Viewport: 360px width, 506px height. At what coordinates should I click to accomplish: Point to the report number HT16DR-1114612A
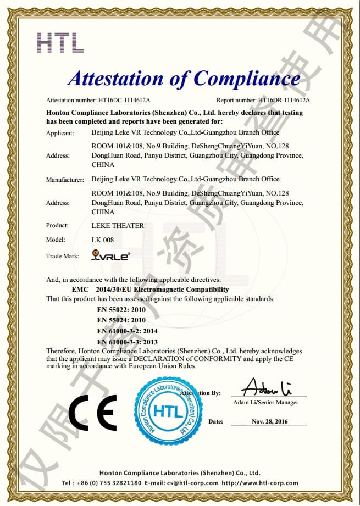284,101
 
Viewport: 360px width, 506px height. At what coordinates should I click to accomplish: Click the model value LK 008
102,240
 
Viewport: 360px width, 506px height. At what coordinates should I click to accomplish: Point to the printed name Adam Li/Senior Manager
266,403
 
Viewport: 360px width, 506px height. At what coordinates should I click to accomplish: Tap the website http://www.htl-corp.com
260,483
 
